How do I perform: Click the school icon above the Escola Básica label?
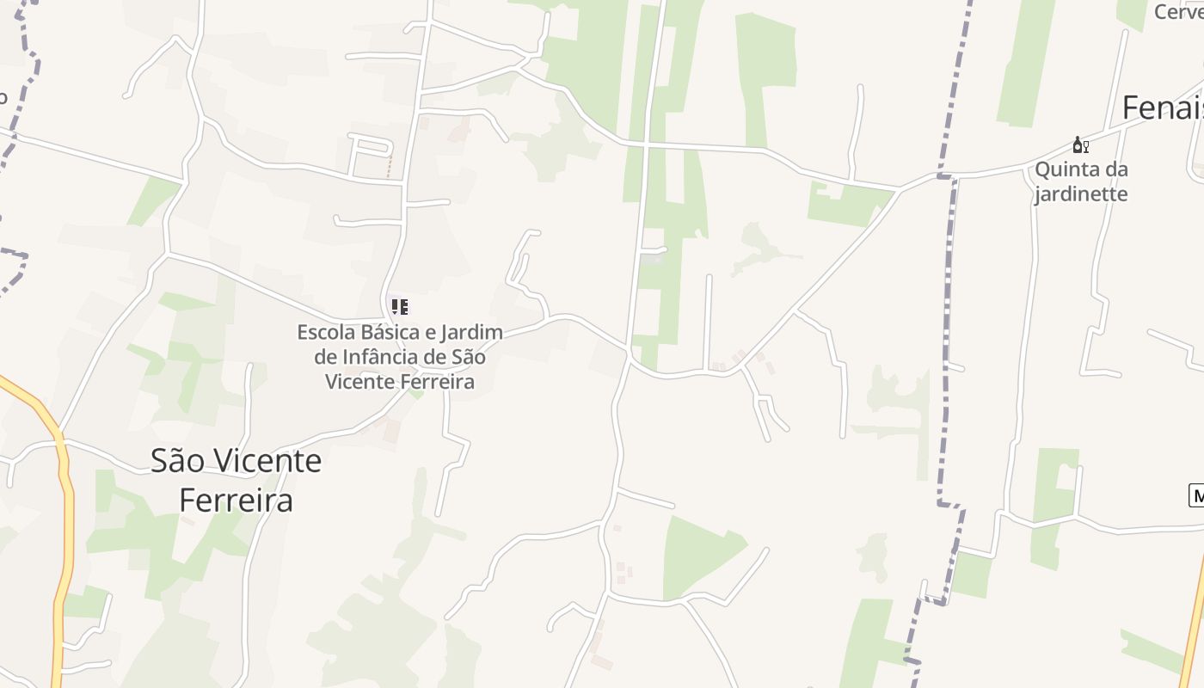click(x=400, y=306)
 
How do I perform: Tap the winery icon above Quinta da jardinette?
click(x=1080, y=145)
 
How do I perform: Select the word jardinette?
click(x=1080, y=193)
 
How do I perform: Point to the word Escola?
click(x=326, y=332)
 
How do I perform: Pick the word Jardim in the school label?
click(x=474, y=332)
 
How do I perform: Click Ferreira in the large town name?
click(x=236, y=501)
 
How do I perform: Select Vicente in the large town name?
click(x=268, y=461)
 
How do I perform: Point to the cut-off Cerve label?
click(x=1178, y=12)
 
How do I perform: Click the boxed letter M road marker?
click(x=1196, y=495)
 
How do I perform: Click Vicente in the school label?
click(x=364, y=382)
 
